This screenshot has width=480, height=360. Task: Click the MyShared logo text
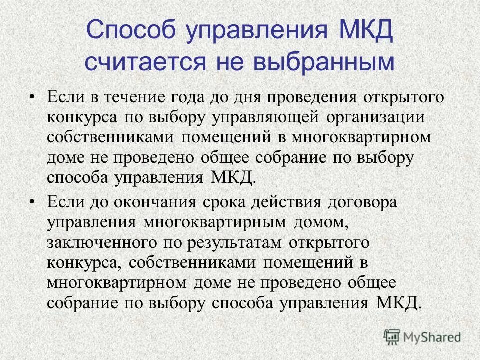pyautogui.click(x=432, y=336)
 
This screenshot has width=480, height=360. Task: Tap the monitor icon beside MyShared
pyautogui.click(x=392, y=337)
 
